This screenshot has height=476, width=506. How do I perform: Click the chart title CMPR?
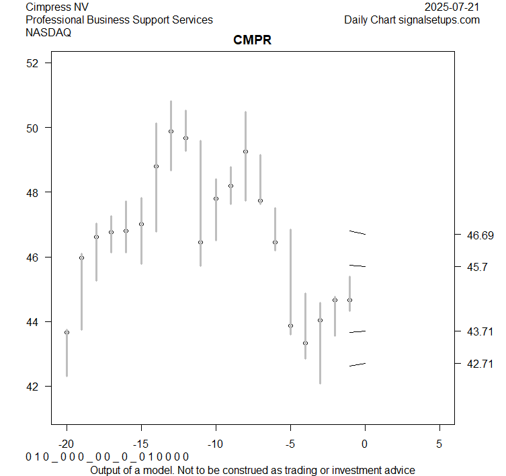(x=252, y=40)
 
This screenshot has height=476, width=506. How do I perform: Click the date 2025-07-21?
(x=452, y=7)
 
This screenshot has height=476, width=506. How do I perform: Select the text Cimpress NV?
(x=57, y=7)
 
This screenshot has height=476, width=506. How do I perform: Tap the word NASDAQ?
(x=48, y=32)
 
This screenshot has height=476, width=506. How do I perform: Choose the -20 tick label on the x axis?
(x=67, y=444)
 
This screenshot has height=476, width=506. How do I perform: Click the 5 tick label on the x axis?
(x=439, y=444)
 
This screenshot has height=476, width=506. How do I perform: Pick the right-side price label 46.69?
(x=480, y=235)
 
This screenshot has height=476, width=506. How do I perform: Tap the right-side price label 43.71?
(x=480, y=331)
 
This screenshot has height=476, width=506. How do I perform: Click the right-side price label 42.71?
(x=480, y=364)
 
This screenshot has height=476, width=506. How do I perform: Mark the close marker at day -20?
(x=67, y=332)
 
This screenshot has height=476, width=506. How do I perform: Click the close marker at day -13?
(x=171, y=132)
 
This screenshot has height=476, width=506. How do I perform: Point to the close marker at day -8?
(x=245, y=152)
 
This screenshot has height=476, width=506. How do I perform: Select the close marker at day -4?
(x=305, y=343)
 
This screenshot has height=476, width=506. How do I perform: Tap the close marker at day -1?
(x=349, y=300)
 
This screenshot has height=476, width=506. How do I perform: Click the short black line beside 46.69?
(x=357, y=233)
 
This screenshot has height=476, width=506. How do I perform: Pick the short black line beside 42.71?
(x=357, y=364)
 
